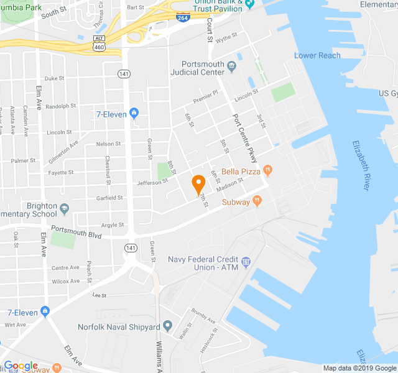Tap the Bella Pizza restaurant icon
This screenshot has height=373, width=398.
pyautogui.click(x=267, y=169)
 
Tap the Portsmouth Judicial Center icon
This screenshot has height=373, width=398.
pyautogui.click(x=232, y=65)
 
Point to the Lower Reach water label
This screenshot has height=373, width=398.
pyautogui.click(x=317, y=55)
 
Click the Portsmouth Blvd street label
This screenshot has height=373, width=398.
pyautogui.click(x=76, y=232)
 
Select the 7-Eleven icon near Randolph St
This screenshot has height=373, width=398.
pyautogui.click(x=134, y=113)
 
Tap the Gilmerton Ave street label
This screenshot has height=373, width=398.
pyautogui.click(x=63, y=152)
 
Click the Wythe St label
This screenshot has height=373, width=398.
pyautogui.click(x=227, y=37)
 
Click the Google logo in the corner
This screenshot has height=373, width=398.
pyautogui.click(x=20, y=366)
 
